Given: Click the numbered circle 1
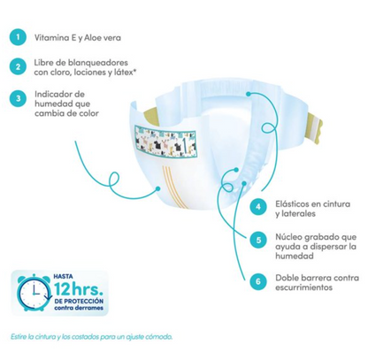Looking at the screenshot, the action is (x=18, y=37).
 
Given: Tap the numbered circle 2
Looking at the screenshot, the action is (x=18, y=66).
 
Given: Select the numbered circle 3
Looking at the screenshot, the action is (x=18, y=98).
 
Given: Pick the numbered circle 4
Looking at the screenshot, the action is (x=258, y=207).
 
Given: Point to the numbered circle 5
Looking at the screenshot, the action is (x=258, y=240).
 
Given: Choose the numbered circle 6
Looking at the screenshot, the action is (x=258, y=281).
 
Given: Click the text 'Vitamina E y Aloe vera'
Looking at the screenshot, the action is (x=78, y=38).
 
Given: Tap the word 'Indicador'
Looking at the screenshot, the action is (x=56, y=95).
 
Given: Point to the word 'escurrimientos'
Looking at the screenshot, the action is (x=304, y=287).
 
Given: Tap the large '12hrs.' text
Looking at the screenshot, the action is (x=78, y=289).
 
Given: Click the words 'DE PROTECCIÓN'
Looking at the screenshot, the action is (x=79, y=302).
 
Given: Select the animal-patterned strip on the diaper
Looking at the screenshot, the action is (x=165, y=141).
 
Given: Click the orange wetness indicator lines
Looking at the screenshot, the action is (x=173, y=186).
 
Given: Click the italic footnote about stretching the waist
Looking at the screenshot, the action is (x=91, y=337).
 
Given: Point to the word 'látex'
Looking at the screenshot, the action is (x=125, y=72).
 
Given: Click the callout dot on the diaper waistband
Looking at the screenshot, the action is (x=249, y=94).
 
